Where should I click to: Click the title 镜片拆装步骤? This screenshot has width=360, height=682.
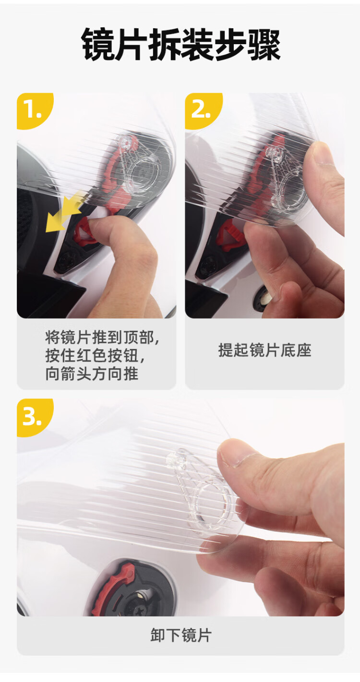[180, 45]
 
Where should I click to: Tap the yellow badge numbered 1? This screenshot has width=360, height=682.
[34, 110]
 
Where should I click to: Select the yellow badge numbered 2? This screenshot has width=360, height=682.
[203, 110]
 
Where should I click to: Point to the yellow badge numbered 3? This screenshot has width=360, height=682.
[34, 417]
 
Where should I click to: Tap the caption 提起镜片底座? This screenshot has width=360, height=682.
[264, 350]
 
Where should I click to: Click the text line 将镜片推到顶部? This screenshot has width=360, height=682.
[102, 337]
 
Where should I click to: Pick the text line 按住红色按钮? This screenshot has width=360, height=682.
[95, 355]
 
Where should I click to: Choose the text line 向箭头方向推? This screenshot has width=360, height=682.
[92, 374]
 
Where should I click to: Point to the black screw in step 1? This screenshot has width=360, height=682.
[66, 261]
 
